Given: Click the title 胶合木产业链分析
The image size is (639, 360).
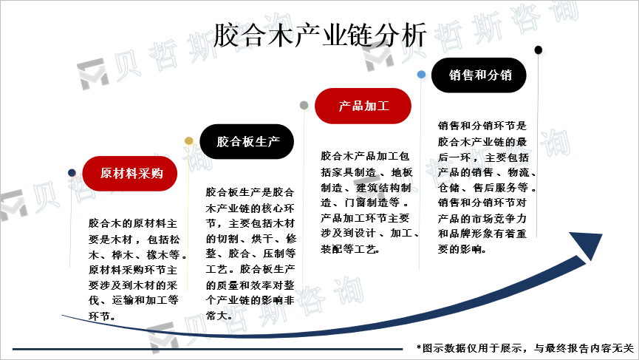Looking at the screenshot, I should click(319, 33).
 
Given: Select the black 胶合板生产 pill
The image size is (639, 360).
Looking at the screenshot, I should click(247, 142).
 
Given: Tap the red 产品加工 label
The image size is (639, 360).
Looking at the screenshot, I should click(363, 106).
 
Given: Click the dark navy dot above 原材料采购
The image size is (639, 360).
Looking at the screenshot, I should click(72, 172).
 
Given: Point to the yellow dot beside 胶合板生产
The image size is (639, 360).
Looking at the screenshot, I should click(188, 140).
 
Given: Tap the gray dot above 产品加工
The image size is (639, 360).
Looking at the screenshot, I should click(304, 106).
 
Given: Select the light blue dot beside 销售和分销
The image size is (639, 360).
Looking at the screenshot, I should click(421, 75).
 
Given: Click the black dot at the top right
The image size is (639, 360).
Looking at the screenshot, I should click(538, 50).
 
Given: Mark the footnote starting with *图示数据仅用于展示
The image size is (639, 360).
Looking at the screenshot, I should click(524, 348).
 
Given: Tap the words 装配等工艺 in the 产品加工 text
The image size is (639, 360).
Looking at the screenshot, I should click(349, 250).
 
